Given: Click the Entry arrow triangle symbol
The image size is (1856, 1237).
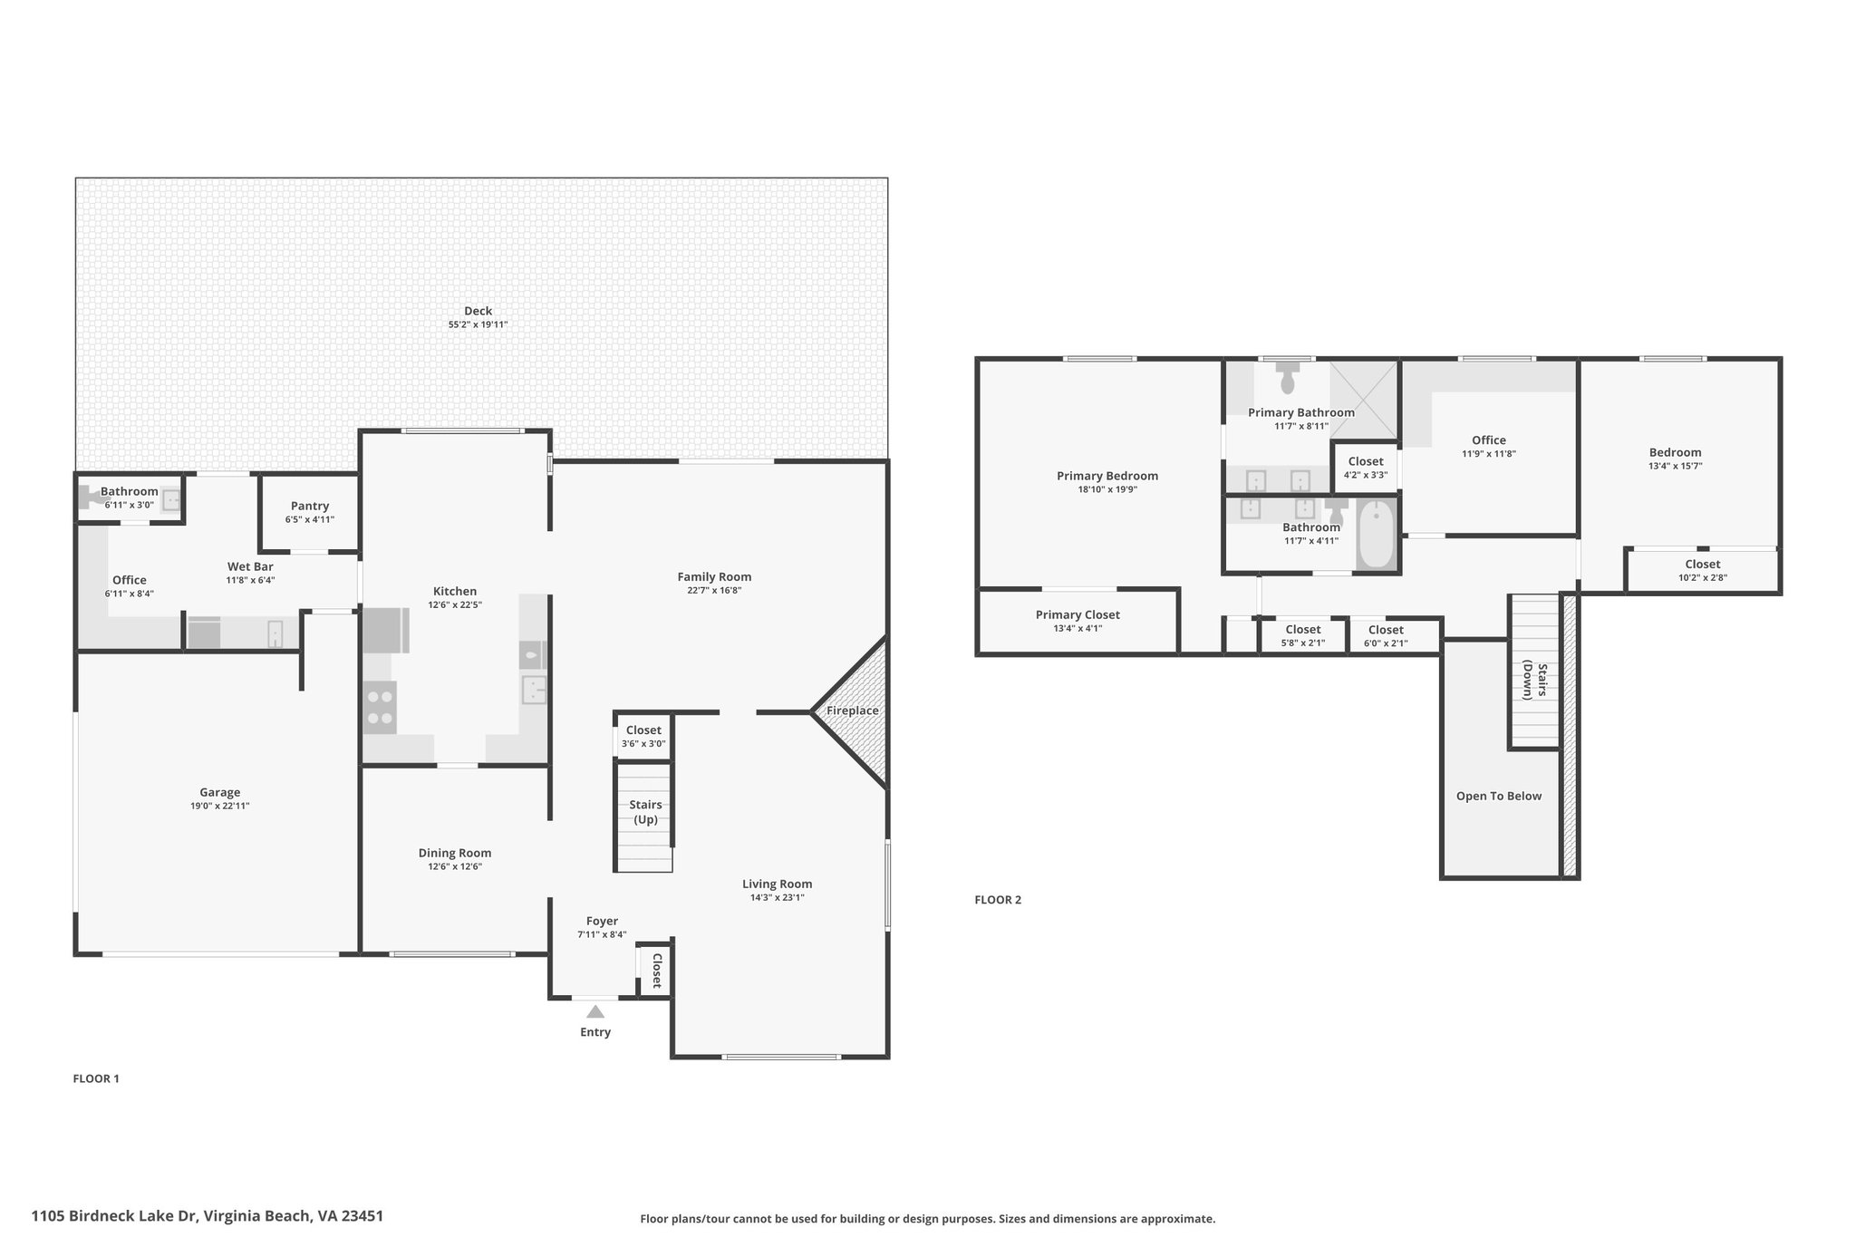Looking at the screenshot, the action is point(595,1011).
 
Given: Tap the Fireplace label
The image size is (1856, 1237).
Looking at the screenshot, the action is point(852,710).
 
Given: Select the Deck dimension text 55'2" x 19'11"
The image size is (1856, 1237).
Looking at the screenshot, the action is point(478,324).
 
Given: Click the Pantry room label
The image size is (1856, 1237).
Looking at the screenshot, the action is point(310,506).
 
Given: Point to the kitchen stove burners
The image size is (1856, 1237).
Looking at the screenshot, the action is point(380,707).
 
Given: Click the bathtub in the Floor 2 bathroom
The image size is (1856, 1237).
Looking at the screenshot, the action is point(1377,536).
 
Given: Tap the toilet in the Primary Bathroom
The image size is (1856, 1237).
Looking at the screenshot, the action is point(1288,377).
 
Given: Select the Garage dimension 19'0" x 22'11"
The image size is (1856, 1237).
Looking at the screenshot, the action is point(220,806).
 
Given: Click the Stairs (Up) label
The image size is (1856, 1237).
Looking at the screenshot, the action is point(645,812).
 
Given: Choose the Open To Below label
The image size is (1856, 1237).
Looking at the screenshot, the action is point(1499,796).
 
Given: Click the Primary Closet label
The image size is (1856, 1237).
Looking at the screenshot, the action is point(1078,614).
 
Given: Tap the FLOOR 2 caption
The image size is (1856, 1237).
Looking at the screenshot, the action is point(998,900).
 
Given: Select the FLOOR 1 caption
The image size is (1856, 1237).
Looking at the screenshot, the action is point(96,1078).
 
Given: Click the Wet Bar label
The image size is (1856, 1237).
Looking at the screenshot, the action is point(250,566).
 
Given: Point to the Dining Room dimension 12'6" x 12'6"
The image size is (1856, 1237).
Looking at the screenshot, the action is point(455,866).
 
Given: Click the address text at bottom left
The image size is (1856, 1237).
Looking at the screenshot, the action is point(208,1215).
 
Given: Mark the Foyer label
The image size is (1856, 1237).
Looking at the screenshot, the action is point(602,921).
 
